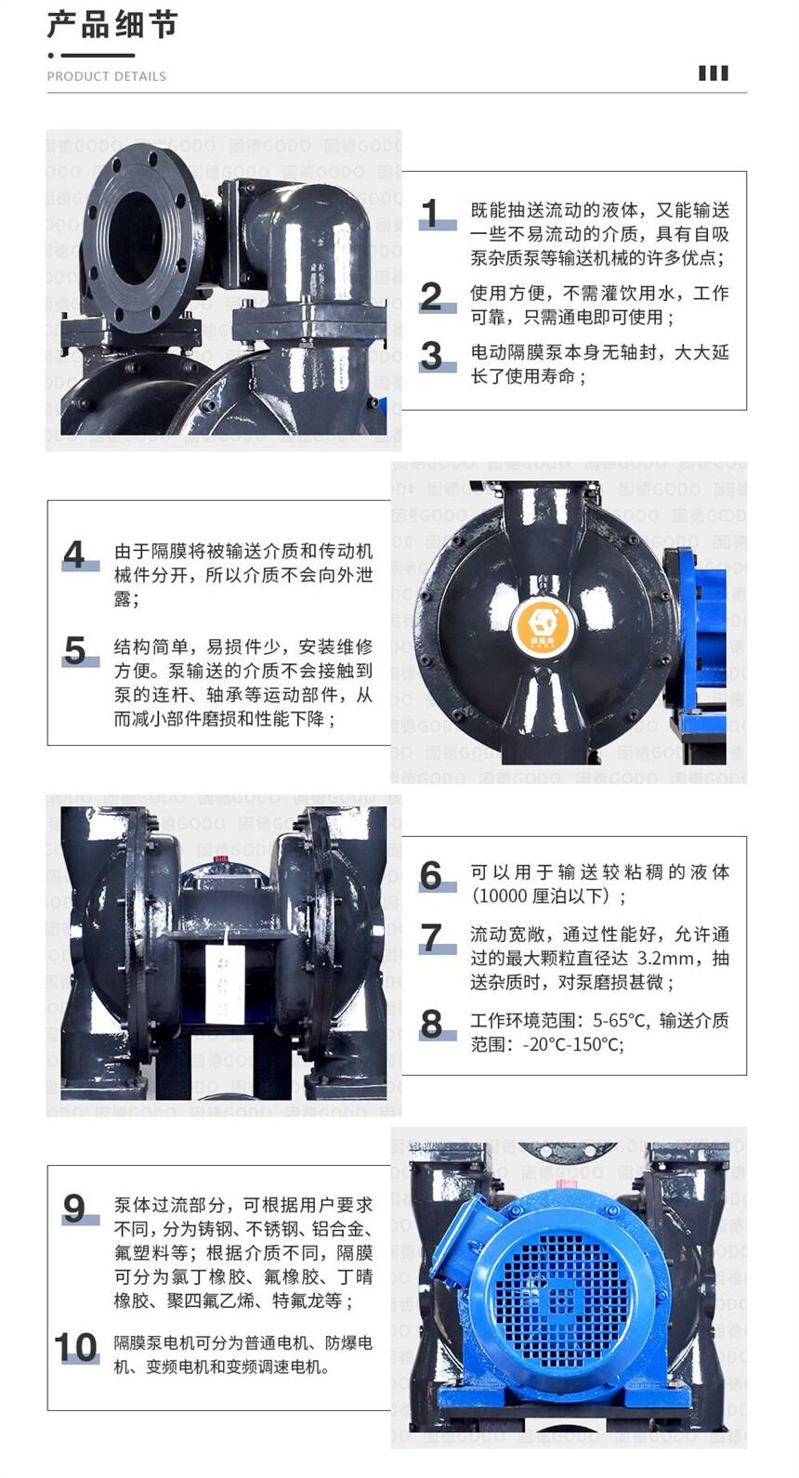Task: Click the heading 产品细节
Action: click(112, 25)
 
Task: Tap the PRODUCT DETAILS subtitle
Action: click(106, 76)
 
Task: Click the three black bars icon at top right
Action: click(714, 73)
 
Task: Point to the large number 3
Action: click(431, 357)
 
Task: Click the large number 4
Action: click(74, 555)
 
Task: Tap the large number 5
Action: click(74, 650)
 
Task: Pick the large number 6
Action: click(431, 876)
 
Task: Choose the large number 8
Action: click(431, 1024)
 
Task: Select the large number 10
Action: click(76, 1347)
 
